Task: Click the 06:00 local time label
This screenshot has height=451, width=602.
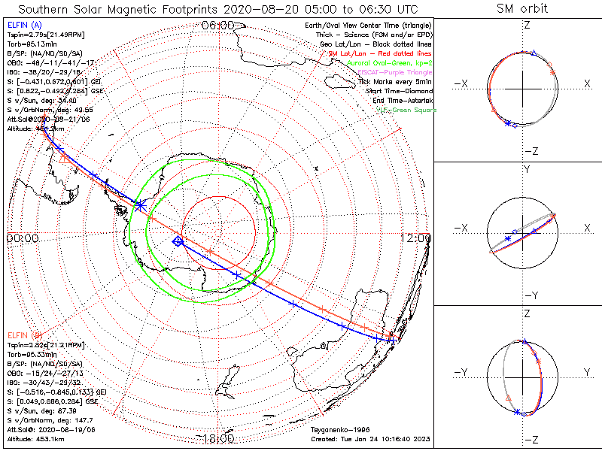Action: click(217, 26)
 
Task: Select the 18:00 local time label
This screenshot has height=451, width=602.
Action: click(217, 438)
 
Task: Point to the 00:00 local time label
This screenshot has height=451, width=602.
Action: click(22, 238)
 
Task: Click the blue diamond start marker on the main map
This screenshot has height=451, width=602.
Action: click(178, 241)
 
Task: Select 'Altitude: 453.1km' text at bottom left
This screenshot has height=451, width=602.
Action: click(35, 438)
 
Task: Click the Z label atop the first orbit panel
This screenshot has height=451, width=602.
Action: click(527, 25)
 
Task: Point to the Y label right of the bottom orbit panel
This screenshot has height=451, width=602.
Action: click(585, 372)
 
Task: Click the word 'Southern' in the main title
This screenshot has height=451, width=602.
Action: click(44, 9)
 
